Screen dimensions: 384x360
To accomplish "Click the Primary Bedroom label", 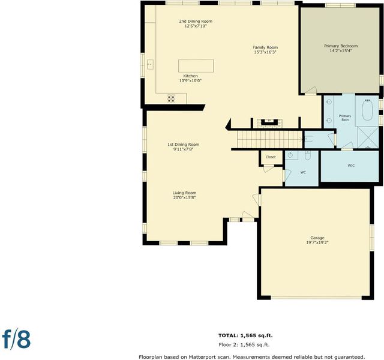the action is [341, 46].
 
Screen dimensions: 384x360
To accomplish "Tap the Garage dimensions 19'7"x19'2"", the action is [317, 242].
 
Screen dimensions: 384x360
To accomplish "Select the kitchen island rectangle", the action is [196, 65].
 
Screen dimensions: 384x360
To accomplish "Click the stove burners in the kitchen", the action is [171, 98].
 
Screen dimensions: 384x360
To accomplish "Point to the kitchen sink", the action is [150, 64].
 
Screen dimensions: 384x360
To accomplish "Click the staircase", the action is [270, 139].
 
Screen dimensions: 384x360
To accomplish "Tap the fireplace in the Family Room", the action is [269, 123].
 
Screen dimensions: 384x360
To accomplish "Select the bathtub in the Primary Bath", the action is [367, 110].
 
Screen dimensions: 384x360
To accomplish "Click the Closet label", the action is [271, 157].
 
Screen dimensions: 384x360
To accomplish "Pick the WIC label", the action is [351, 166].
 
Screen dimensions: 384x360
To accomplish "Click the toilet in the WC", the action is [308, 155].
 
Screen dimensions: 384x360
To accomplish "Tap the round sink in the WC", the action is [290, 155].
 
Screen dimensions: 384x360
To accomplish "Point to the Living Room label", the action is [184, 193].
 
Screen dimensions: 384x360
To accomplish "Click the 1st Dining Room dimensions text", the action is [184, 149].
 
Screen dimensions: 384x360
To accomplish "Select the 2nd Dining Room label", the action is [196, 22].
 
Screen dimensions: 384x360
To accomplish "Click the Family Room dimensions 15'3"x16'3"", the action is [265, 52].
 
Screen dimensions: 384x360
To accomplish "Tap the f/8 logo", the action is [16, 340].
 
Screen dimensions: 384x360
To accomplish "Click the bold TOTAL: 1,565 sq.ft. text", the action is [245, 335].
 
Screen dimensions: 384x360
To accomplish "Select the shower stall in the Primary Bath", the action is [368, 137].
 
